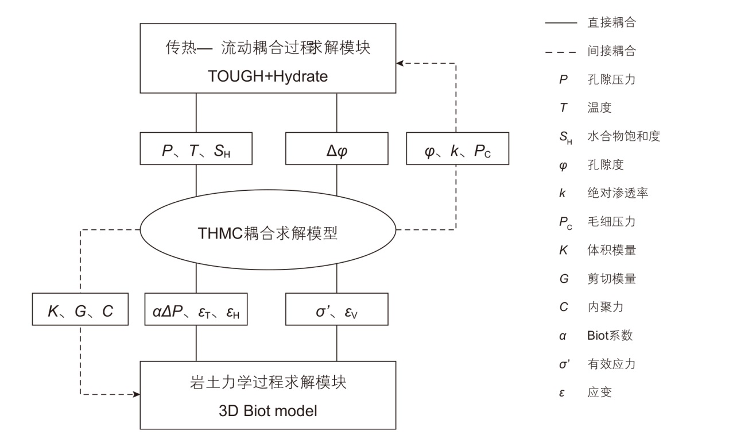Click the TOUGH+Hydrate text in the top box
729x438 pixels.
point(267,76)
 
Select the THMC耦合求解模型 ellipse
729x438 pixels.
point(267,233)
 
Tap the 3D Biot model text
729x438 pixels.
point(267,412)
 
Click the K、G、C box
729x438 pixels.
point(80,310)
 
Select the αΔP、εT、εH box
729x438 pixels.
point(196,310)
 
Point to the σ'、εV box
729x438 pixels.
point(336,310)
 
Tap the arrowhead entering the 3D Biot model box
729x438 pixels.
point(137,394)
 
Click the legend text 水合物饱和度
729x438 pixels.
point(623,136)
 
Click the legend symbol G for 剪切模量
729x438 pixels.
point(564,279)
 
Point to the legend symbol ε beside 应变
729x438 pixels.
point(563,393)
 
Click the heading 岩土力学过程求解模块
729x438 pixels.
point(267,382)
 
